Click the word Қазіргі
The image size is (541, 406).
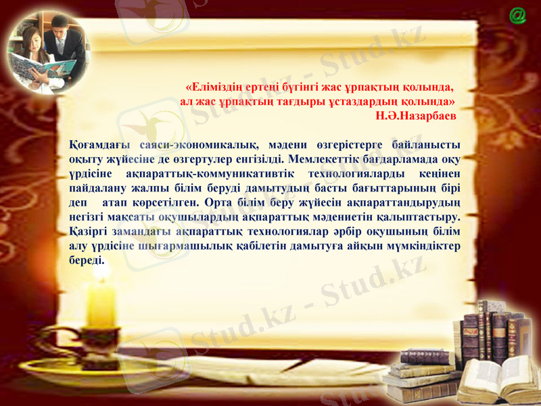pyautogui.click(x=91, y=232)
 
